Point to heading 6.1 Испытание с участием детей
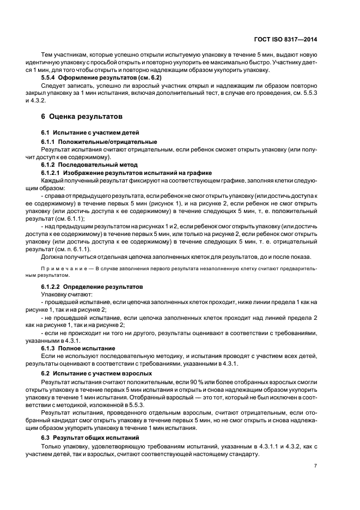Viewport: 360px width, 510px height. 83,132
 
